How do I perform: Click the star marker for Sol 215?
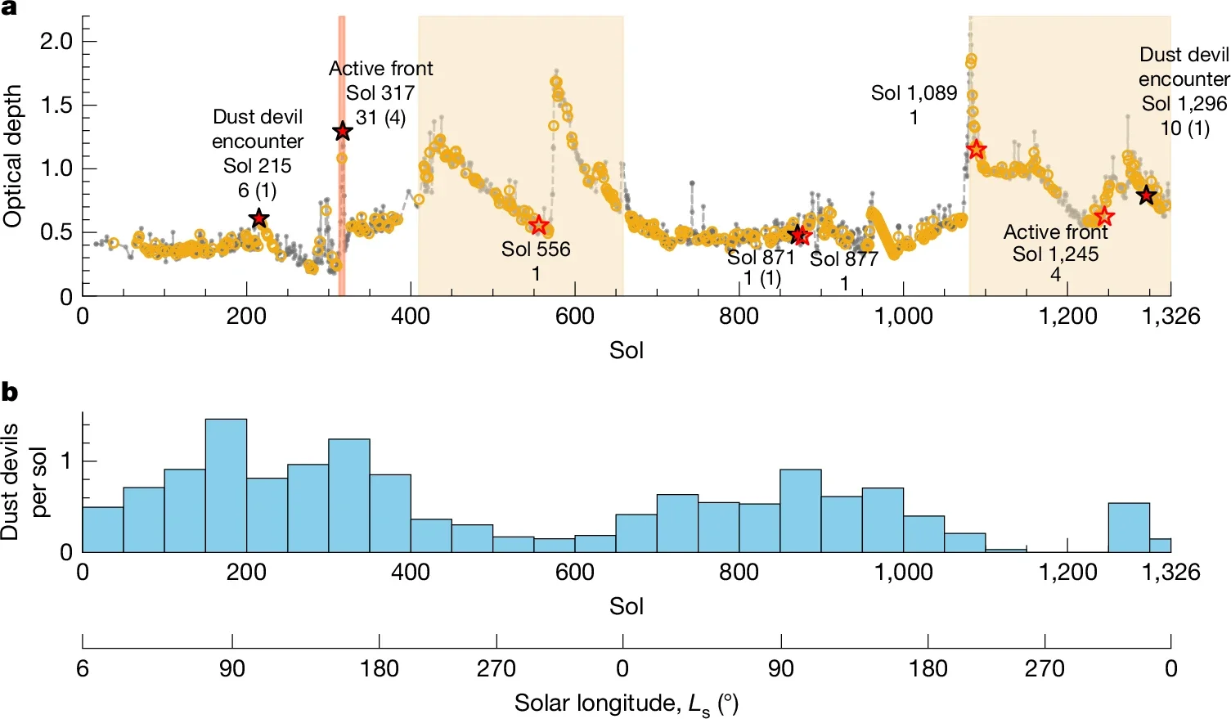pyautogui.click(x=258, y=218)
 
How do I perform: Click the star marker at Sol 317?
pyautogui.click(x=343, y=131)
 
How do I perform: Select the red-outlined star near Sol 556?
pyautogui.click(x=538, y=226)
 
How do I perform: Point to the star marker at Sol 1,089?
pyautogui.click(x=976, y=150)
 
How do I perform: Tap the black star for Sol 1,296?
pyautogui.click(x=1146, y=195)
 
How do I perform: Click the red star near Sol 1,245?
pyautogui.click(x=1104, y=217)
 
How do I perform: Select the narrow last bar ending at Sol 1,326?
pyautogui.click(x=1160, y=545)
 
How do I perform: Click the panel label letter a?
pyautogui.click(x=9, y=9)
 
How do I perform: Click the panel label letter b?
pyautogui.click(x=10, y=393)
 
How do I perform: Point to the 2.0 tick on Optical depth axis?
pyautogui.click(x=56, y=41)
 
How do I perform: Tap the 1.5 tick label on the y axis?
pyautogui.click(x=56, y=105)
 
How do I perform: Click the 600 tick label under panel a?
pyautogui.click(x=574, y=317)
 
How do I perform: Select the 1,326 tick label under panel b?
pyautogui.click(x=1170, y=572)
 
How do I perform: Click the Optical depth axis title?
pyautogui.click(x=12, y=155)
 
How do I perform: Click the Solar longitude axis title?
pyautogui.click(x=626, y=703)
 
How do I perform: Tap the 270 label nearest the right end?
pyautogui.click(x=1045, y=669)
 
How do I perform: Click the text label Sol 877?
pyautogui.click(x=843, y=259)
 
